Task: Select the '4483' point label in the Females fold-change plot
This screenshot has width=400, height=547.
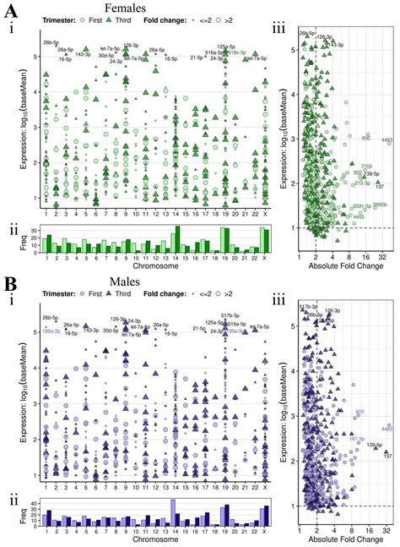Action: coord(386,139)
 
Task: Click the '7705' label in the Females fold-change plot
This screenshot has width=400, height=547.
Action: coord(366,167)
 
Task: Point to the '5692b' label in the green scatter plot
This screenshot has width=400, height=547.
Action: coord(380,205)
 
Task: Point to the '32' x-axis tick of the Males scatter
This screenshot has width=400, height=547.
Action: coord(385,532)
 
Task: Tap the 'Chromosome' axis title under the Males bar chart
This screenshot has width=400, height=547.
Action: coord(156,541)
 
